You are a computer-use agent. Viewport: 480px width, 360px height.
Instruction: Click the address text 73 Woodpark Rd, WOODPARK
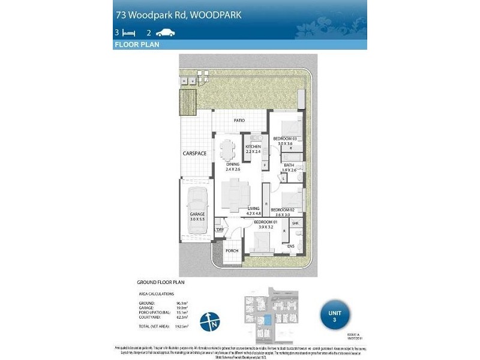coord(178,14)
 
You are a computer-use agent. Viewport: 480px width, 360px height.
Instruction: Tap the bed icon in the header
coord(128,33)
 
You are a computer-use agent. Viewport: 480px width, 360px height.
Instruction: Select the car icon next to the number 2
coord(165,33)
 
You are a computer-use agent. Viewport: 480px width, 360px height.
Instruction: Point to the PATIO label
coord(239,121)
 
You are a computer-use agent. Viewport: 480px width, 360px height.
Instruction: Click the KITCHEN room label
coord(253,147)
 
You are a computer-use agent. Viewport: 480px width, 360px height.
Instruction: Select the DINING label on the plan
coord(233,164)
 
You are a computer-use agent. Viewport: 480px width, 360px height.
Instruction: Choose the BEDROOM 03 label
coord(285,139)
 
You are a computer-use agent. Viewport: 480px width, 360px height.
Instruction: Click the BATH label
coord(289,166)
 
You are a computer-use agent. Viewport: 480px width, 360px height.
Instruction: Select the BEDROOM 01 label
coord(264,223)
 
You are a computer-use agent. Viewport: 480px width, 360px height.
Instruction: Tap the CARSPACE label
coord(194,154)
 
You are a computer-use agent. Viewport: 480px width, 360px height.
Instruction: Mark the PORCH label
coord(232,251)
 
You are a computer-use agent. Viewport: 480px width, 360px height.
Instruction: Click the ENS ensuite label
coord(290,246)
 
